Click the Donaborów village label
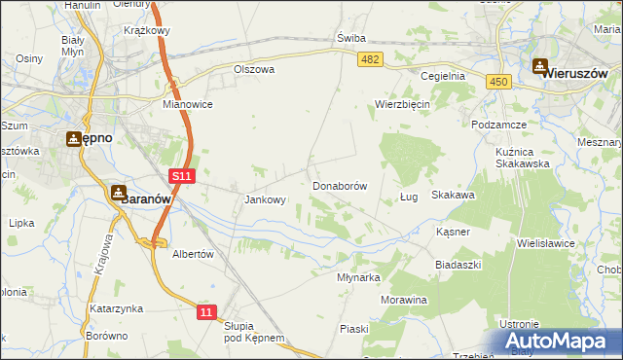tap(339, 185)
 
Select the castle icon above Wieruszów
tap(540, 66)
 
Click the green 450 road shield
tap(499, 83)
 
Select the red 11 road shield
tap(205, 311)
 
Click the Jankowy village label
tap(265, 200)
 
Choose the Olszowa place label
tap(255, 70)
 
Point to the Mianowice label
tap(188, 103)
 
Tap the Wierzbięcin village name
tap(403, 104)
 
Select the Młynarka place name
tap(357, 277)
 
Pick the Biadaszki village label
tap(458, 265)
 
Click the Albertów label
tap(192, 253)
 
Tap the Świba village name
tap(350, 38)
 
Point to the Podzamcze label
tap(498, 126)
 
